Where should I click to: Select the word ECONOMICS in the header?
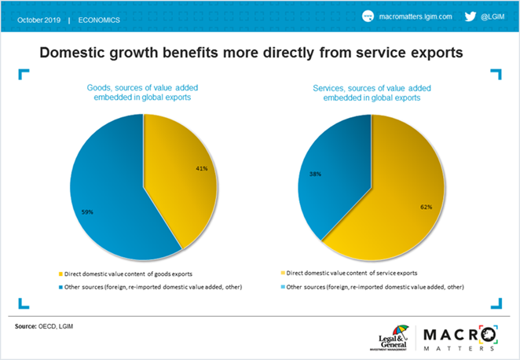[x=100, y=18]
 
